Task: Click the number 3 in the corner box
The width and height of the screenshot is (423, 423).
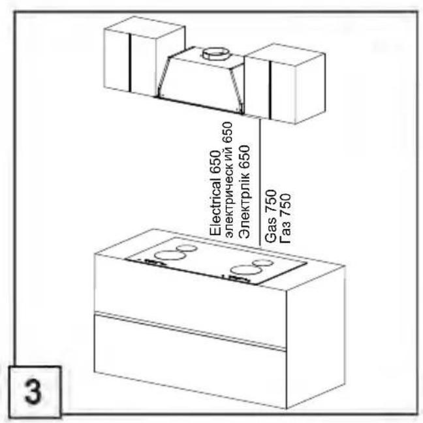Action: (x=33, y=392)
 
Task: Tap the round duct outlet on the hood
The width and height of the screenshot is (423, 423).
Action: (x=217, y=54)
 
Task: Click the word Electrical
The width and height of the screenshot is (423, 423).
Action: (x=215, y=207)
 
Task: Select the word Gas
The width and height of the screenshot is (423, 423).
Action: (x=271, y=230)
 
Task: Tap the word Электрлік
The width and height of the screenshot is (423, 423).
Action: (x=244, y=205)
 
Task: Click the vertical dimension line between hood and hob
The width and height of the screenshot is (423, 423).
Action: (x=260, y=182)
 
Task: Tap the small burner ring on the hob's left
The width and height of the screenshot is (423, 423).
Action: (x=187, y=248)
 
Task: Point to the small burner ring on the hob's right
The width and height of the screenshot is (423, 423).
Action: (x=263, y=263)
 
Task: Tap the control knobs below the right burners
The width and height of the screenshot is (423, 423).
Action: (x=236, y=278)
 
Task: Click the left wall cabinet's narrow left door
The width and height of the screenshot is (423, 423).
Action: (x=117, y=60)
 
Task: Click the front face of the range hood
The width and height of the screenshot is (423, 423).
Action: (x=199, y=84)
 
